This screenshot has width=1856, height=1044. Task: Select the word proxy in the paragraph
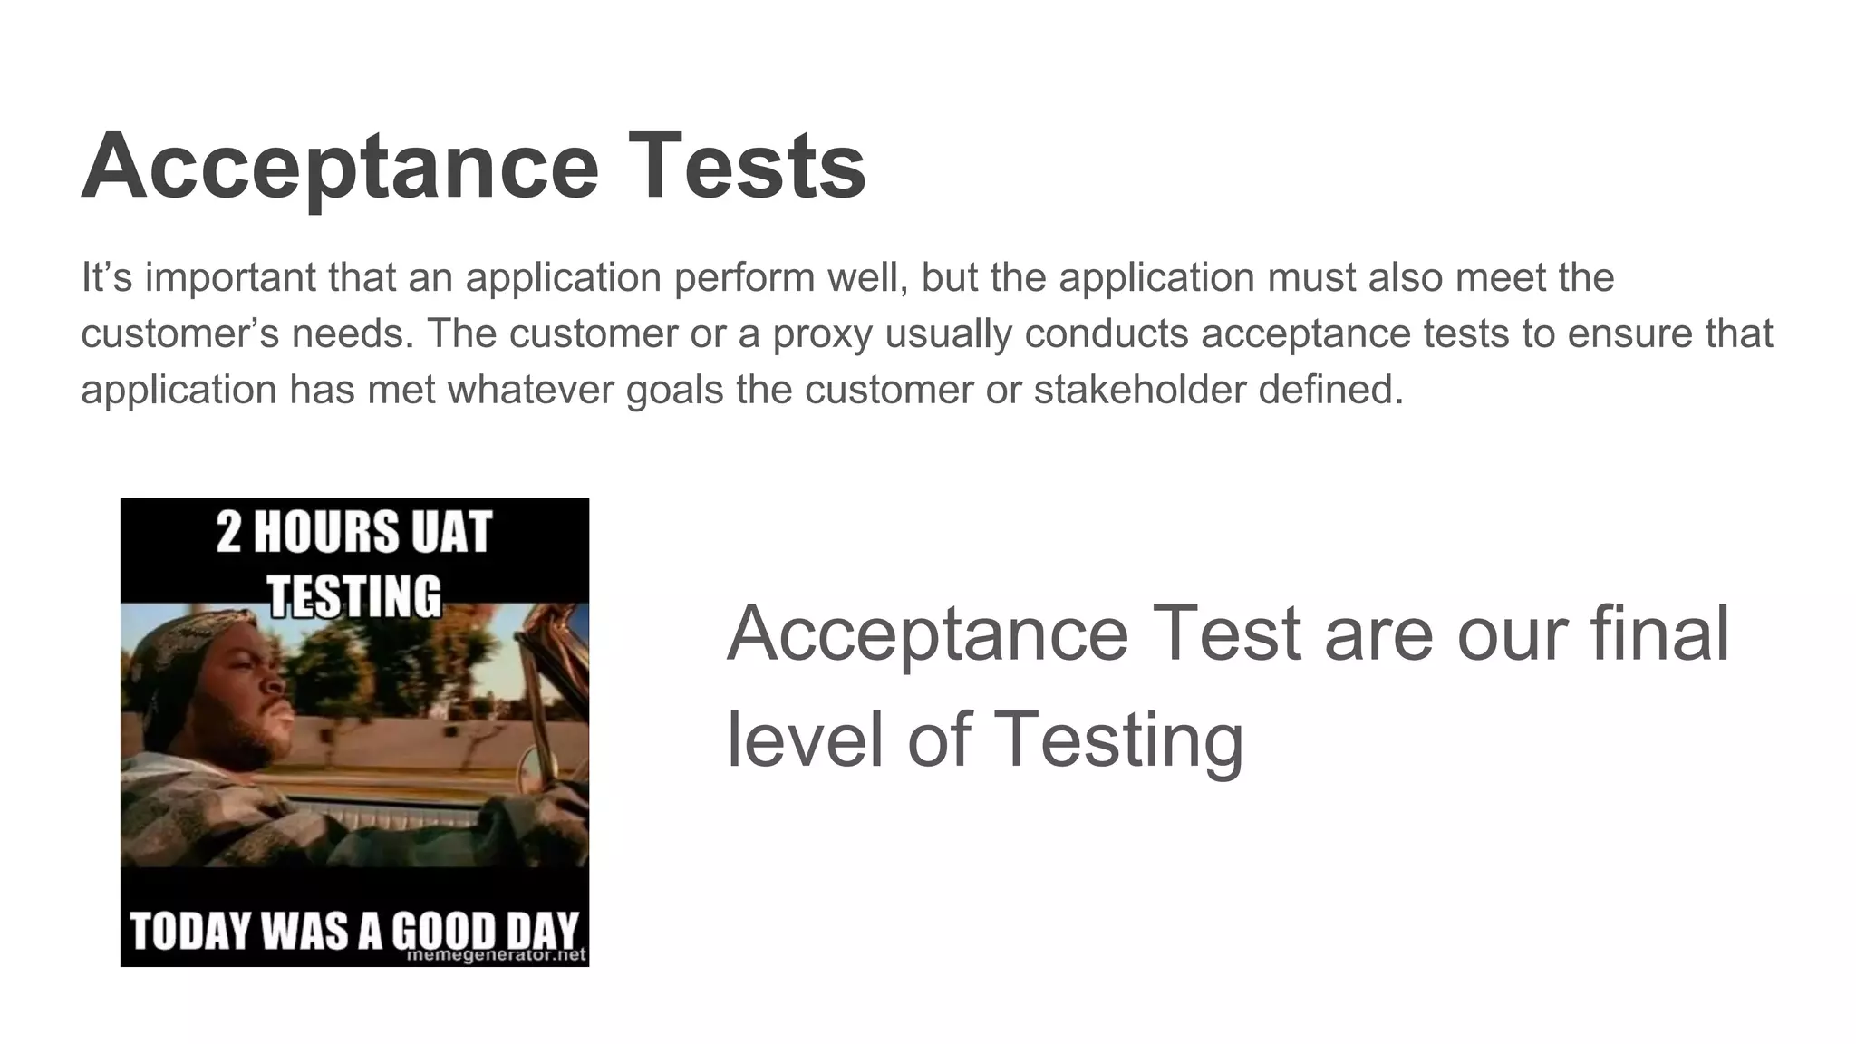(822, 333)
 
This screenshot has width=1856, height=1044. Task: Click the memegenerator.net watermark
(497, 955)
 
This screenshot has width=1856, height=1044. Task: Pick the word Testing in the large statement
(1118, 739)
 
